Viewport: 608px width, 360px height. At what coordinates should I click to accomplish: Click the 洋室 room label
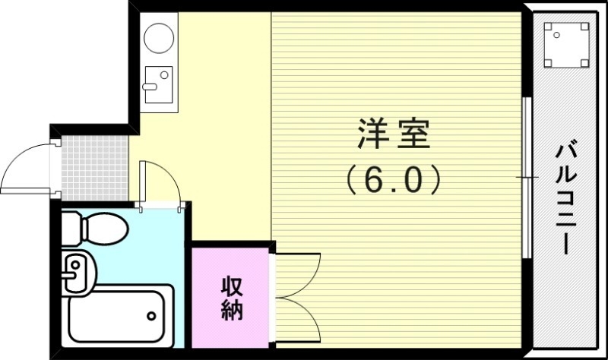394,134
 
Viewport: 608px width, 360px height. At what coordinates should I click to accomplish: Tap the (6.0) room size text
394,179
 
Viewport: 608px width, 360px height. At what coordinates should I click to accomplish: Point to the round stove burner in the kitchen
159,37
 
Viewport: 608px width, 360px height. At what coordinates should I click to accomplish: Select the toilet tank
70,226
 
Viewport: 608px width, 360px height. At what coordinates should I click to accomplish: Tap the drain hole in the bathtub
152,314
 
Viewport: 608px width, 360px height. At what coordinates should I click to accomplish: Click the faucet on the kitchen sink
149,86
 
